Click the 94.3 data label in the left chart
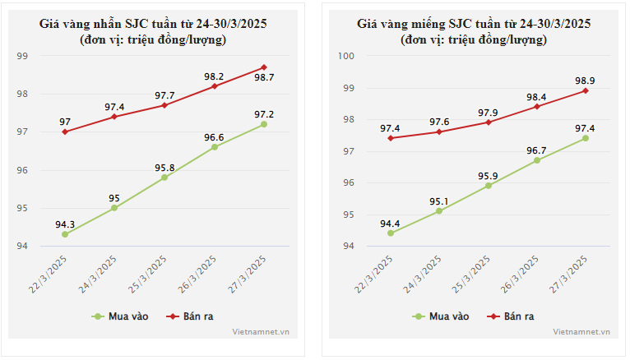(x=65, y=224)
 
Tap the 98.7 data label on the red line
(x=264, y=77)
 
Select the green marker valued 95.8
(x=164, y=178)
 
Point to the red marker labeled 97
(x=65, y=132)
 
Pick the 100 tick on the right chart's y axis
(x=346, y=56)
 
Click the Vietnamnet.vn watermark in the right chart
(x=581, y=332)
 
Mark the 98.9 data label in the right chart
(x=586, y=81)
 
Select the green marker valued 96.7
(x=537, y=160)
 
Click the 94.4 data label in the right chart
(x=390, y=224)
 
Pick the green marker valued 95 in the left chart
(x=114, y=208)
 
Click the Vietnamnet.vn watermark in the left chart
(x=261, y=332)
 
